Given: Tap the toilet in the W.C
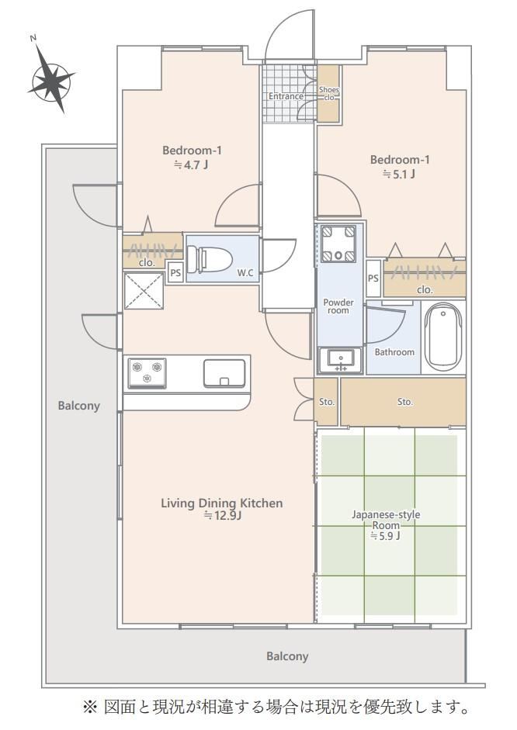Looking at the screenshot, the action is pyautogui.click(x=209, y=259).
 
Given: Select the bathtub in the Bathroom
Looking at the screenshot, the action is pyautogui.click(x=443, y=337).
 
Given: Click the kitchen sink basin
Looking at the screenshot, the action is pyautogui.click(x=224, y=373).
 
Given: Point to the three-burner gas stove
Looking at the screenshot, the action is pyautogui.click(x=147, y=373).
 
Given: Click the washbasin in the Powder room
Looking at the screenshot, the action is pyautogui.click(x=341, y=360).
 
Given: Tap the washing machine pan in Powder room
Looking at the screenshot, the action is pyautogui.click(x=338, y=243).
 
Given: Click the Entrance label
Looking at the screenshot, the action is pyautogui.click(x=286, y=96).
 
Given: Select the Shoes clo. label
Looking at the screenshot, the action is pyautogui.click(x=329, y=94).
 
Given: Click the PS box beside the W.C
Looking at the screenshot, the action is pyautogui.click(x=175, y=273).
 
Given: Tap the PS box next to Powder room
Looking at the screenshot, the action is pyautogui.click(x=373, y=279).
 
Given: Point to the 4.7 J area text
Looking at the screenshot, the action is pyautogui.click(x=191, y=164).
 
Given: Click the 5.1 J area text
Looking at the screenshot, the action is pyautogui.click(x=399, y=174).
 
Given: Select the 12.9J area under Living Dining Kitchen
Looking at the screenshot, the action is pyautogui.click(x=222, y=515).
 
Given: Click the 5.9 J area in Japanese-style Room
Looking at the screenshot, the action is pyautogui.click(x=385, y=536).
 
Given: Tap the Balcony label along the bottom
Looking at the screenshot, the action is pyautogui.click(x=287, y=656).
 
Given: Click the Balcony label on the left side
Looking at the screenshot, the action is pyautogui.click(x=78, y=406).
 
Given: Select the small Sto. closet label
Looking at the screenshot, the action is pyautogui.click(x=327, y=402).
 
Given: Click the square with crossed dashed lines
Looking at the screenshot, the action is pyautogui.click(x=144, y=291).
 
